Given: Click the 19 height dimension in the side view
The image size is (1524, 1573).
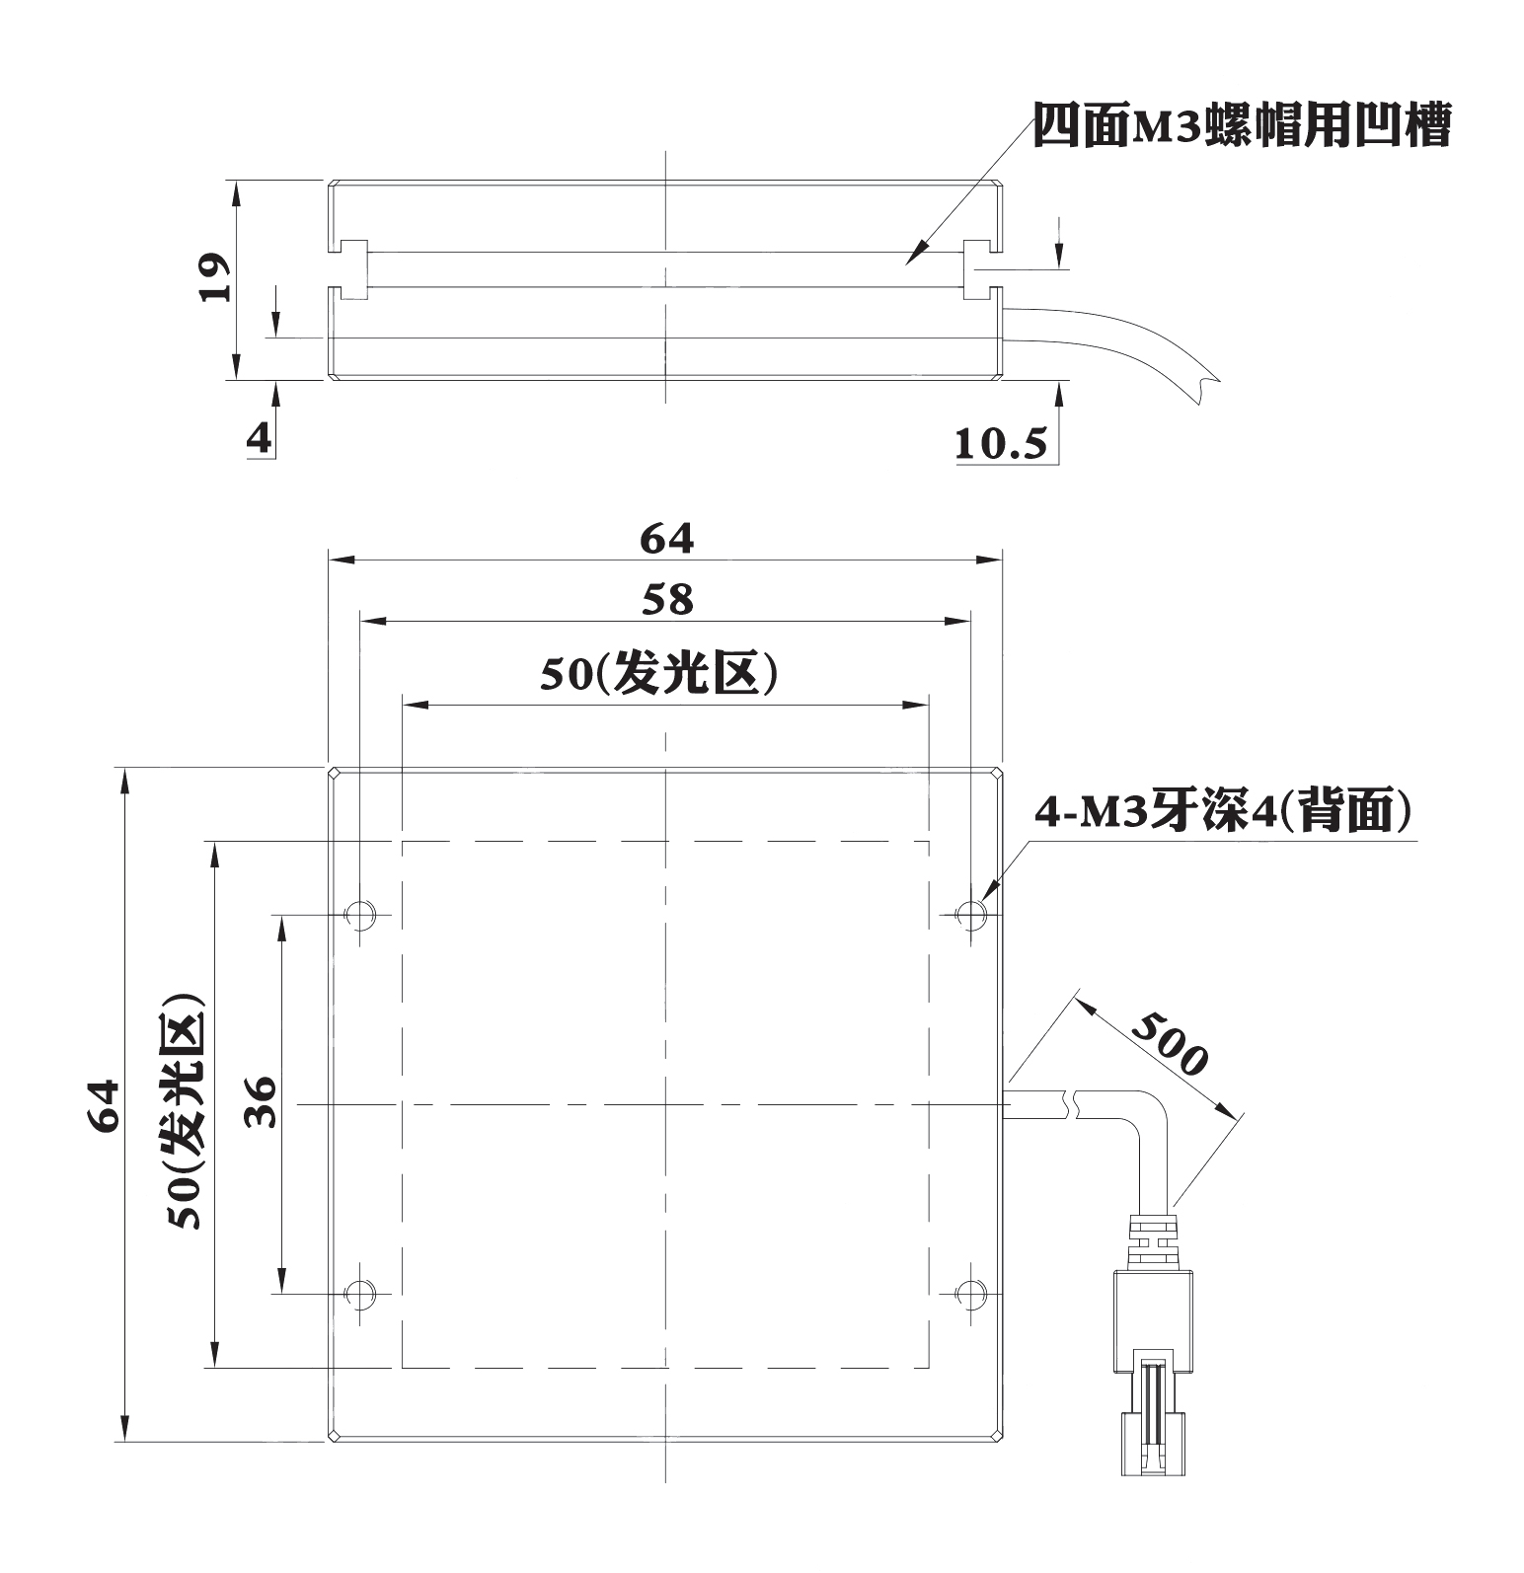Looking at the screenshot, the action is click(x=214, y=278).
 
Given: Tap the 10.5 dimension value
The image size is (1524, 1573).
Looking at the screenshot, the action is click(x=1000, y=444).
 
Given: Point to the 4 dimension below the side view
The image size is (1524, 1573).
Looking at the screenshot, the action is click(x=259, y=438).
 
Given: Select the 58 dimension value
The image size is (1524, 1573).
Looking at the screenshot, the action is click(x=667, y=600).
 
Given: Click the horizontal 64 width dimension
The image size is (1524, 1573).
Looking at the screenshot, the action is click(x=667, y=539).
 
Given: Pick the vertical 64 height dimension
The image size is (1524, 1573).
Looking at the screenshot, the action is click(x=103, y=1106).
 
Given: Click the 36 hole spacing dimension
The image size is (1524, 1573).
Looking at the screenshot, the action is click(x=260, y=1102).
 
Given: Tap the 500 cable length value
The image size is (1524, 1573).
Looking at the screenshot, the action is click(x=1169, y=1043).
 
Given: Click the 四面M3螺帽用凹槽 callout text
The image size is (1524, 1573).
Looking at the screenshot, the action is click(x=1242, y=126).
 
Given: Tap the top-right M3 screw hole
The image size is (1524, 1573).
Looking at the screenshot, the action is click(x=972, y=914).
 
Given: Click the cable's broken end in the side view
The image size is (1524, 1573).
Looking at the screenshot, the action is click(x=1206, y=386).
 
